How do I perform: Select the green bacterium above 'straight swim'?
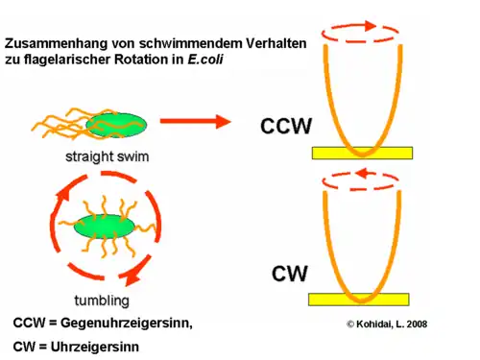point(116,124)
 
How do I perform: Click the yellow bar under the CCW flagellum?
point(362,153)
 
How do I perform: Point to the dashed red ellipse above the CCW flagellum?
point(358,34)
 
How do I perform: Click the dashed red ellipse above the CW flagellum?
point(358,180)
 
